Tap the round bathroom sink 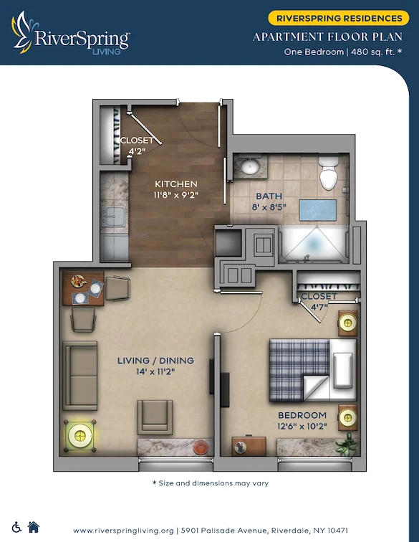[250, 168]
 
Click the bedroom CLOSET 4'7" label [319, 302]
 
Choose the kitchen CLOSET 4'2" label [137, 146]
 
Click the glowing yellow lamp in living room [79, 433]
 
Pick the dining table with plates [84, 288]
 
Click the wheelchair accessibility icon [17, 527]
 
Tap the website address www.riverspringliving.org [123, 531]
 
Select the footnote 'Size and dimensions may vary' [210, 483]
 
